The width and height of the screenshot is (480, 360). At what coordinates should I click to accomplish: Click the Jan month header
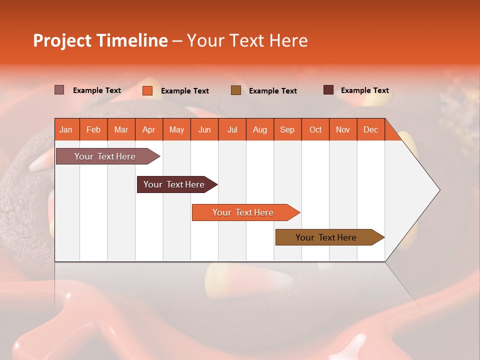coord(66,129)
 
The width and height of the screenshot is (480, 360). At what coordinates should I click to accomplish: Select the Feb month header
coord(93,129)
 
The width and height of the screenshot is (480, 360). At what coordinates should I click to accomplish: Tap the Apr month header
coord(149,129)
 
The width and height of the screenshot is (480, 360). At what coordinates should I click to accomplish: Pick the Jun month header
coord(204,129)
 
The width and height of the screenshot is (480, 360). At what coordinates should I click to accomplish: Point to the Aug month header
coord(260,129)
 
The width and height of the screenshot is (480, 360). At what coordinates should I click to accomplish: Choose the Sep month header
coord(287,129)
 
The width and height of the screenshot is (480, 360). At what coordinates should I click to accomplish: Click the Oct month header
coord(315,129)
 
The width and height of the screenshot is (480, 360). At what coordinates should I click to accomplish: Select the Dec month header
coord(371,129)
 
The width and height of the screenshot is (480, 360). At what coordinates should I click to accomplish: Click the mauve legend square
coord(59,90)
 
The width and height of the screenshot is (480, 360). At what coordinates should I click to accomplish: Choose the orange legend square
coord(147,90)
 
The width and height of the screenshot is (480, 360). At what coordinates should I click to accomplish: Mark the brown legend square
coord(236,90)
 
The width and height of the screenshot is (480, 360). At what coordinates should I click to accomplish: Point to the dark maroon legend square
coord(328,90)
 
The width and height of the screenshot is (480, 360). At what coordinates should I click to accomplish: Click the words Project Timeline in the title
coord(100,40)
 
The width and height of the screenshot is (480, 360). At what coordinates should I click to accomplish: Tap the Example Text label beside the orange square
coord(185,90)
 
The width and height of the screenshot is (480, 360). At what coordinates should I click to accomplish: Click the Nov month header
coord(343,129)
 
